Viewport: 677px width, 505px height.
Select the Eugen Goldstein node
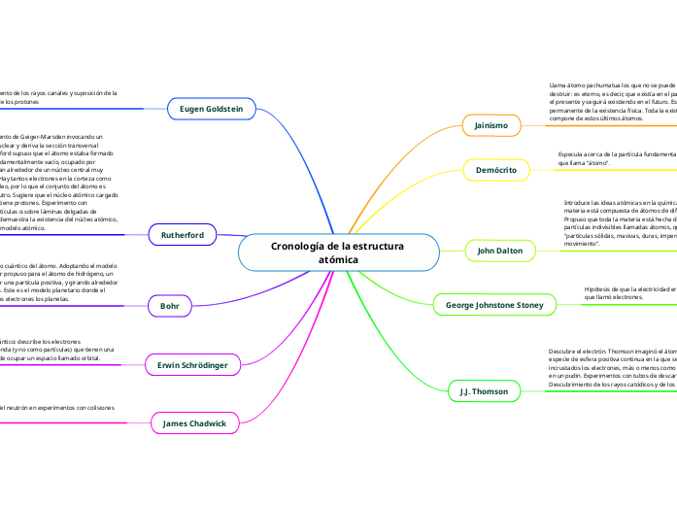(212, 110)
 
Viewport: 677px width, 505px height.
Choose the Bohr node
(170, 306)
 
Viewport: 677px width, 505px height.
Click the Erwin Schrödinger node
(192, 365)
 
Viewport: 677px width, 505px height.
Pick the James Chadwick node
(194, 423)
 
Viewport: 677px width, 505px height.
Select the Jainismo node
(493, 126)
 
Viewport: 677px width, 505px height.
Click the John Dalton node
(500, 251)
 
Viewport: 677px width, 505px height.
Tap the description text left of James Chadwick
(58, 408)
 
